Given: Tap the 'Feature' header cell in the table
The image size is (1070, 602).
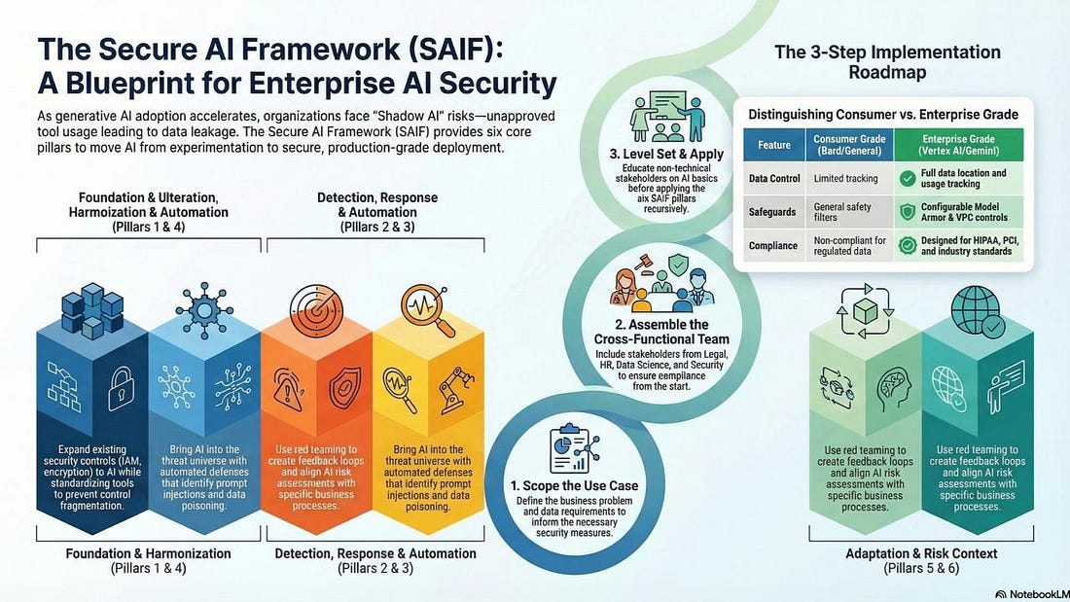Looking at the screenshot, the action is coord(774,145).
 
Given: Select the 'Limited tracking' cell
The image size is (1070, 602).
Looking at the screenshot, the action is coord(845,178).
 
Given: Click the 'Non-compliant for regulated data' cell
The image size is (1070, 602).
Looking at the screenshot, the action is coord(849,246).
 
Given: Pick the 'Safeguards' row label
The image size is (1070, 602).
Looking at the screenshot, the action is coord(772,212).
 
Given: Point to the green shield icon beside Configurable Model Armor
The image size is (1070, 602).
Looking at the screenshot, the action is coord(907,212).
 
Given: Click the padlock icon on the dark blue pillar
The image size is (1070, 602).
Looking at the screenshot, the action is coord(122,388).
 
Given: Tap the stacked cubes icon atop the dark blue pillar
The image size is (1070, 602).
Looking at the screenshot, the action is coord(92,310).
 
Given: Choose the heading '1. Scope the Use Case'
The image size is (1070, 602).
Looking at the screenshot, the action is coord(575,486).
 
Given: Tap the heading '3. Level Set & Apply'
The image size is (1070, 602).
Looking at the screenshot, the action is coord(666,155).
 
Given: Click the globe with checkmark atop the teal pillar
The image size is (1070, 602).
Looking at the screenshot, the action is coord(978,311).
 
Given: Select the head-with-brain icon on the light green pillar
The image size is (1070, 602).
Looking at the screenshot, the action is coord(894,389).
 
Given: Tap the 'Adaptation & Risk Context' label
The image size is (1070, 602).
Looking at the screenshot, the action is coord(921,553).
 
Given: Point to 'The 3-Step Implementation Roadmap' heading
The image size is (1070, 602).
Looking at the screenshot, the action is coord(887,62).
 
